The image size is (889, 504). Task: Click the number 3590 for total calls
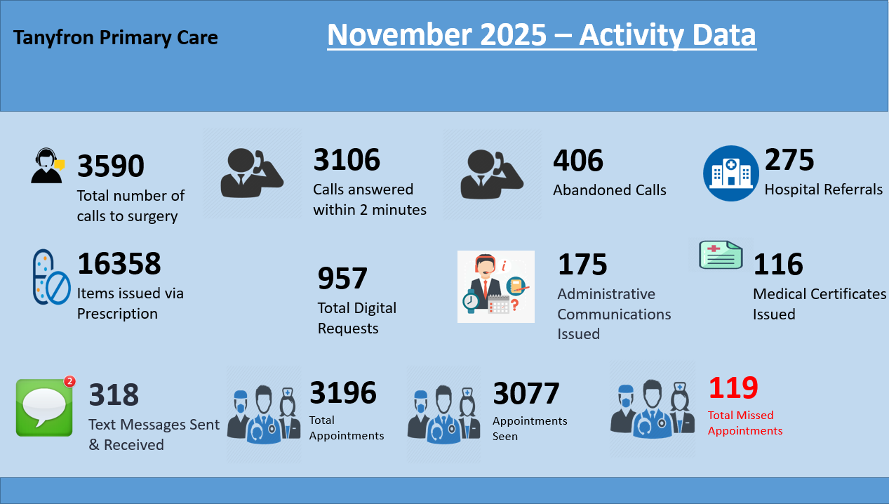(111, 167)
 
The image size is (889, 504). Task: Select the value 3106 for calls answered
(347, 160)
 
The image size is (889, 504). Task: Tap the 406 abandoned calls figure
(578, 161)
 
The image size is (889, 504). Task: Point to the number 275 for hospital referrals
(789, 160)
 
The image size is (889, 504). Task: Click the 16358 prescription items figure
(119, 264)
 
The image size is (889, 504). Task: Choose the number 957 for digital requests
(342, 279)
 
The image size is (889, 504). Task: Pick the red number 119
(733, 387)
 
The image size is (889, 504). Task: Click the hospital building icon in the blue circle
(731, 173)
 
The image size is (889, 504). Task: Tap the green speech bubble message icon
(44, 407)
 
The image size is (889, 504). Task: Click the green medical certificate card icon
(721, 255)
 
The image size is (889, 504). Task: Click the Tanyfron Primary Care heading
(116, 37)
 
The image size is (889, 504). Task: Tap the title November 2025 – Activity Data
(542, 35)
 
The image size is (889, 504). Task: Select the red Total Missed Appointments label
(745, 423)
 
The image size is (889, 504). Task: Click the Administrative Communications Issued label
(614, 314)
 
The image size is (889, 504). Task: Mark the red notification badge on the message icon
(69, 382)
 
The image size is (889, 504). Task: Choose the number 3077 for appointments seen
(526, 394)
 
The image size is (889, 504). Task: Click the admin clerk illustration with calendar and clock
(495, 286)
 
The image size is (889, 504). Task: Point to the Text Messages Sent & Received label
(154, 435)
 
